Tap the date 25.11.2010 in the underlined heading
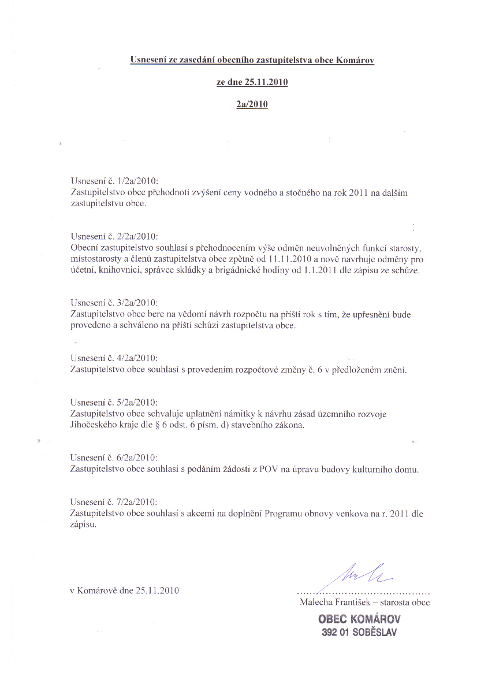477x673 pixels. [x=266, y=82]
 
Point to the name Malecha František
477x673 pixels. [x=331, y=602]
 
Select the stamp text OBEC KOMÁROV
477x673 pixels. [x=359, y=619]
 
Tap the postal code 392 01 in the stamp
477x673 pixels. [x=335, y=632]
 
